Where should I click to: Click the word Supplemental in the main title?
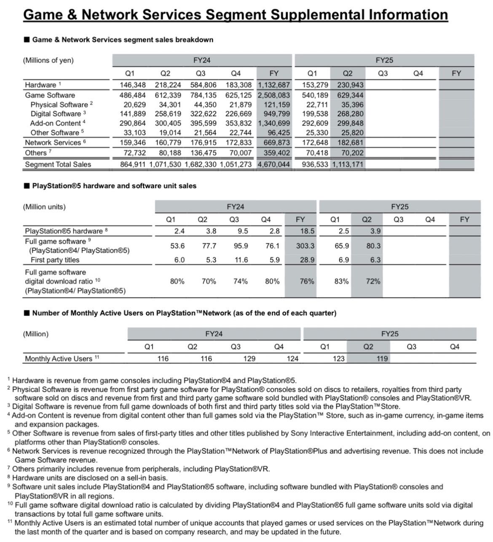tap(317, 15)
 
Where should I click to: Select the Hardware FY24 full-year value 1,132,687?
tap(274, 85)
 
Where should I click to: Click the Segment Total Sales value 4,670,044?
tap(274, 164)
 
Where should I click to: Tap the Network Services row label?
tap(53, 143)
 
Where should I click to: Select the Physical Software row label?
tap(59, 105)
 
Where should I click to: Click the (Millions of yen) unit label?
tap(48, 60)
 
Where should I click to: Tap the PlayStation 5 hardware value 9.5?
tap(243, 231)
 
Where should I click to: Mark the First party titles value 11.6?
tap(241, 260)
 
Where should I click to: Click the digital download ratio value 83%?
tap(341, 281)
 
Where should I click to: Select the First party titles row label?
tap(55, 260)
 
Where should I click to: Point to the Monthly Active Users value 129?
tap(249, 359)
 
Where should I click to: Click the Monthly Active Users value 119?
tap(382, 359)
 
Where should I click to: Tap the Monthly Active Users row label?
tap(59, 359)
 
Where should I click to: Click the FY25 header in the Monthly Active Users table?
tap(390, 334)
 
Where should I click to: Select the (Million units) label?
tap(44, 207)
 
